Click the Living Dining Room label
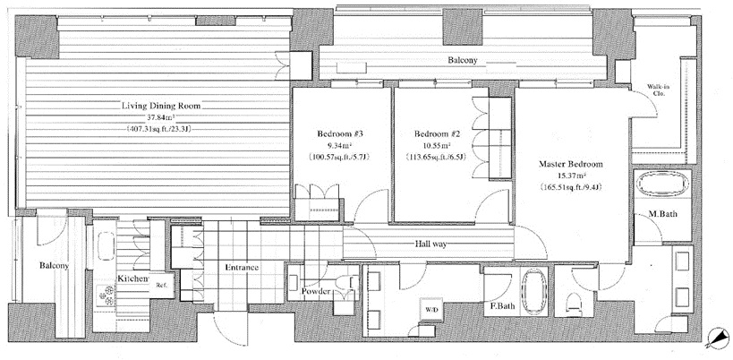[161, 107]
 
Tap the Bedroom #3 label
[340, 134]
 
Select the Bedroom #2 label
[438, 134]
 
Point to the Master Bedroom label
[571, 164]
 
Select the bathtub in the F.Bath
[533, 292]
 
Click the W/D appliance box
[432, 310]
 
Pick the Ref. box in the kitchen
[162, 285]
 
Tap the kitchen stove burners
[107, 295]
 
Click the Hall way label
[430, 244]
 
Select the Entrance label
[242, 268]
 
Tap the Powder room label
[316, 292]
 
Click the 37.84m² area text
[161, 117]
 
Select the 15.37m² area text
[571, 176]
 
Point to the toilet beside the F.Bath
[573, 303]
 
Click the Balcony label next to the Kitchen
[54, 266]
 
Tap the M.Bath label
[662, 214]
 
